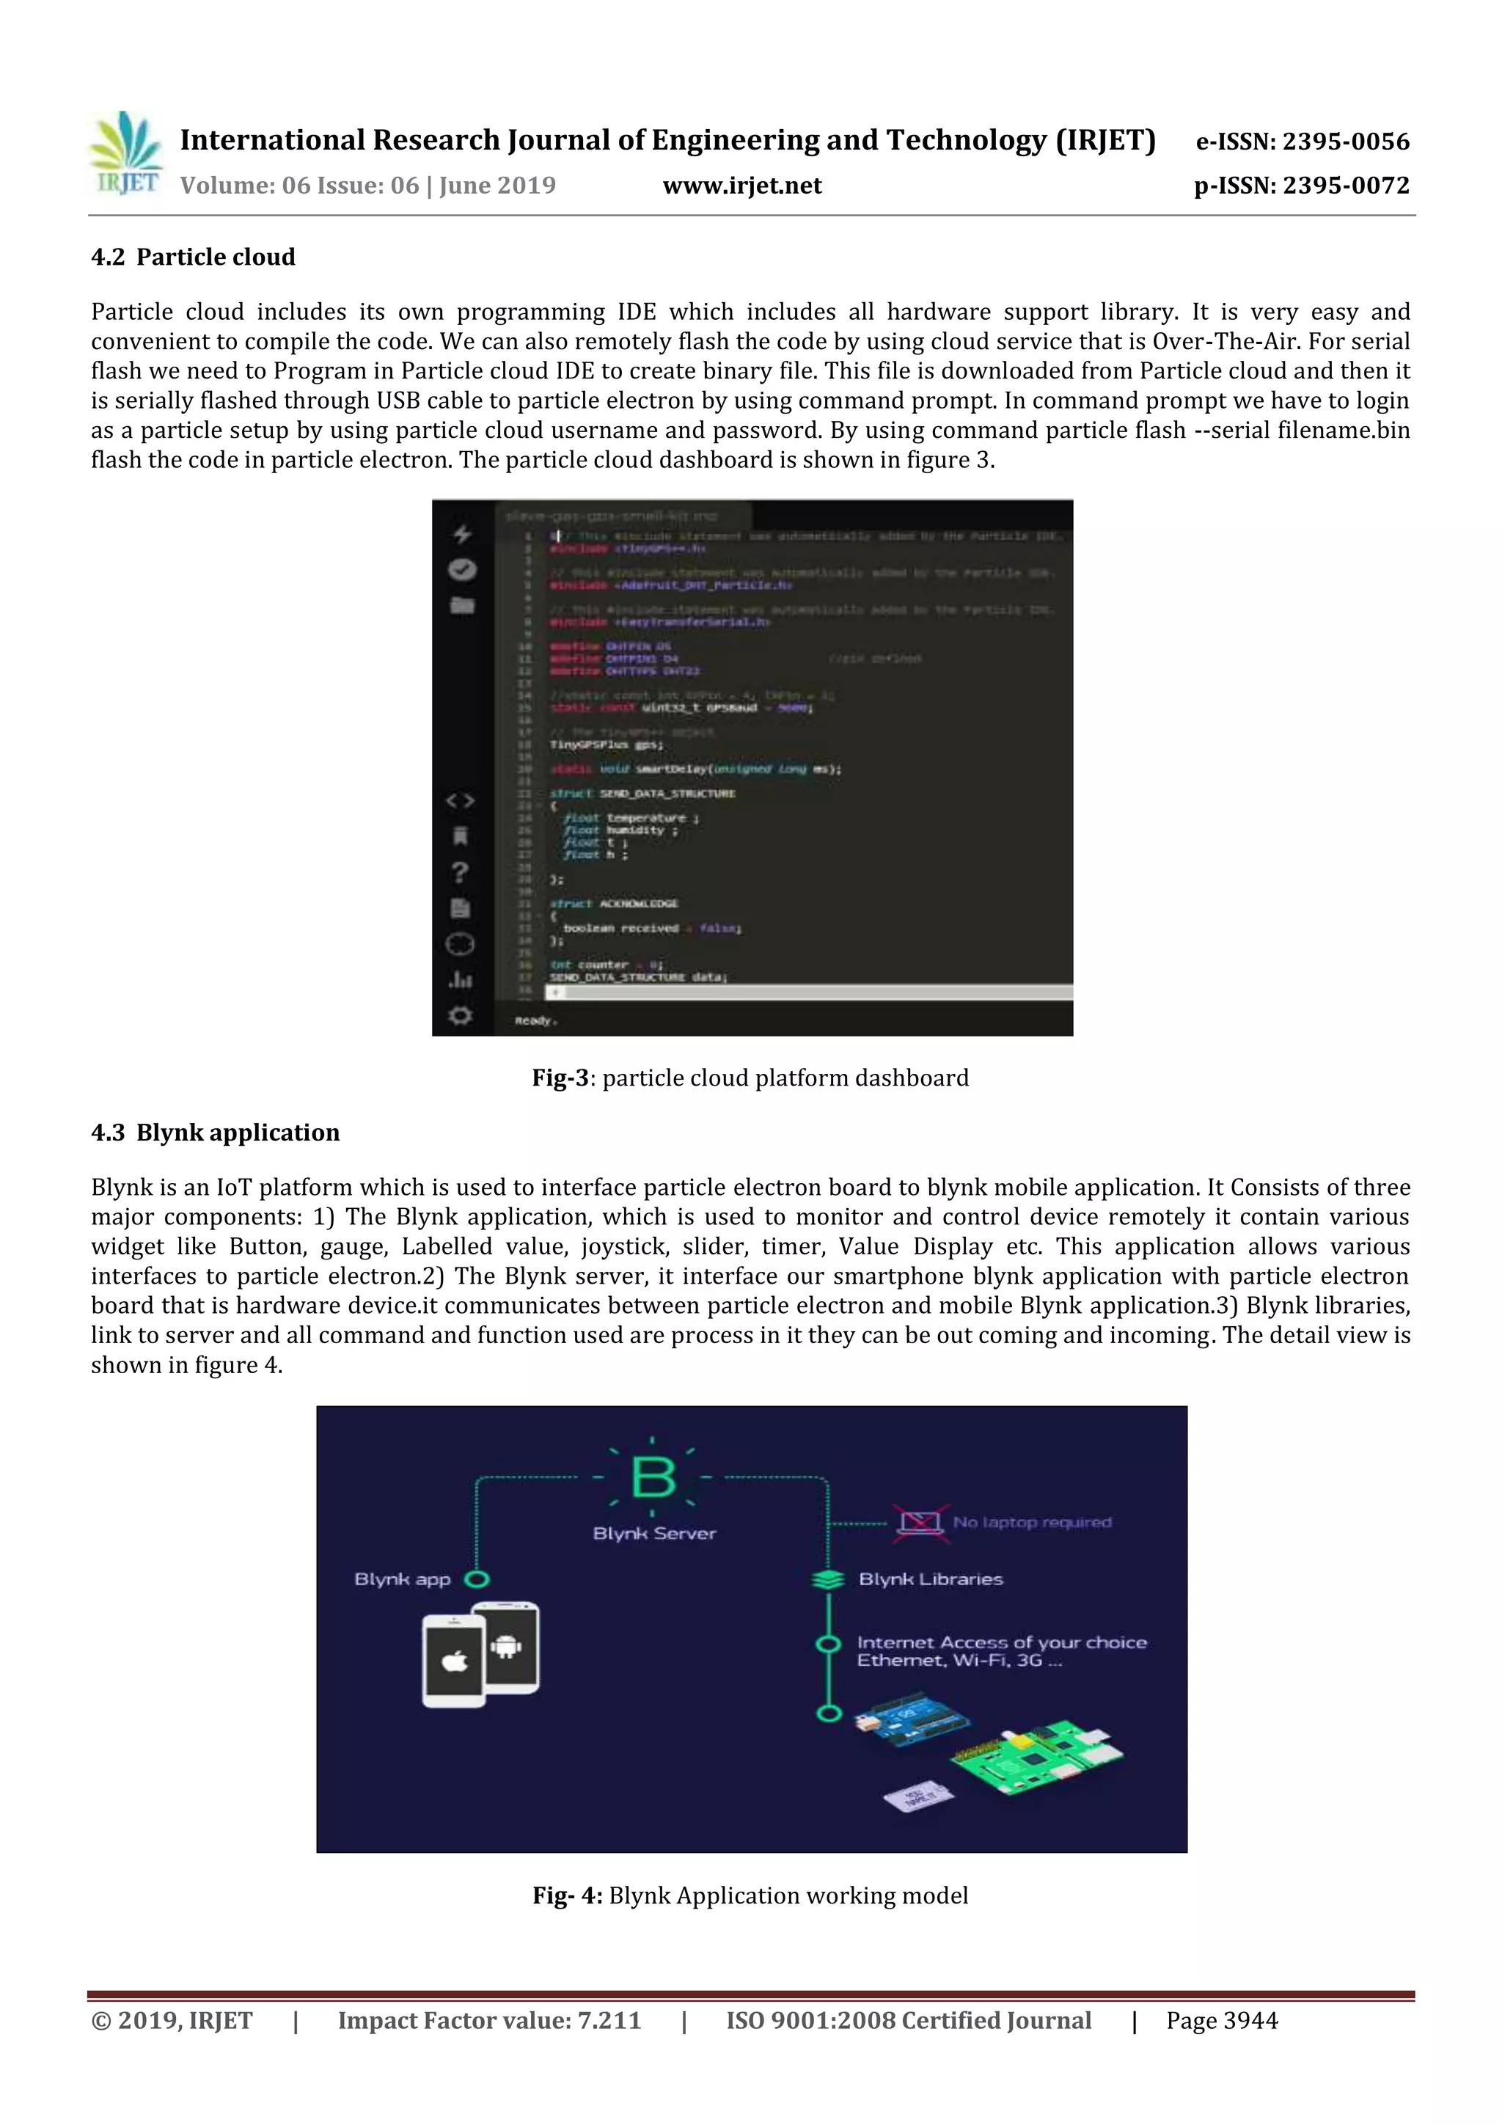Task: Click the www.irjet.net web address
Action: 742,186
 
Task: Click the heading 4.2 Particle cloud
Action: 194,257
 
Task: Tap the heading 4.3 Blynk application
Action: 216,1133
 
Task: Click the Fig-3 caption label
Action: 560,1078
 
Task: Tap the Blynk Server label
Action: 654,1534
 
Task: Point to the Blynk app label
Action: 403,1579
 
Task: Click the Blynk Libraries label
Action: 930,1579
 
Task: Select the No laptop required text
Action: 1032,1523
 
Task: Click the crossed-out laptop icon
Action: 920,1523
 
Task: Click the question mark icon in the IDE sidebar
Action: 460,872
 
